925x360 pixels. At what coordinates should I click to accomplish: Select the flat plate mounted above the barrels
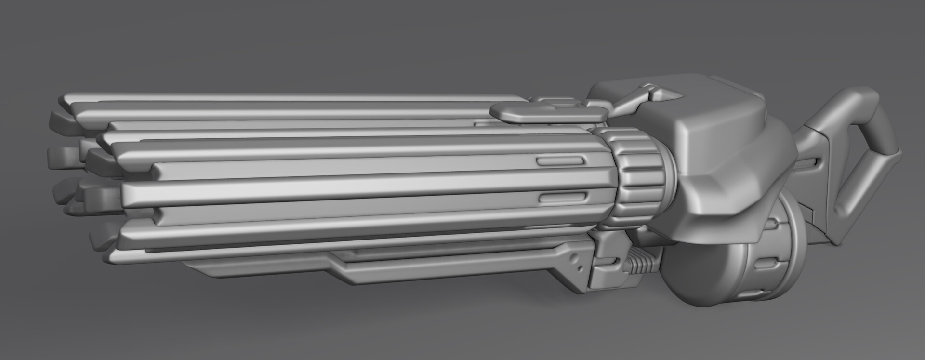coord(548,113)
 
